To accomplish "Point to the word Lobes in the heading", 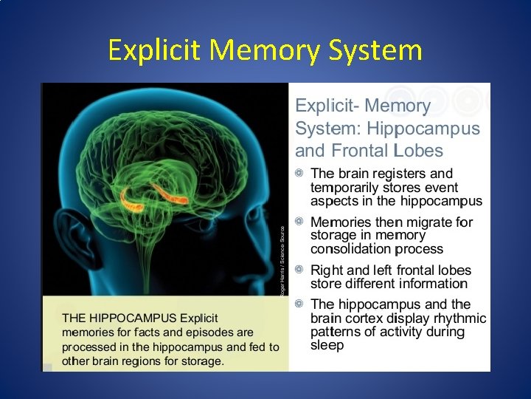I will coord(418,151).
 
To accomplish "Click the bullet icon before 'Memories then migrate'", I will coord(299,221).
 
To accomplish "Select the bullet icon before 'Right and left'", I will coord(299,270).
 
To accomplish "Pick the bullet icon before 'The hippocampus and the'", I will coord(299,304).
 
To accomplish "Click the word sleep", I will coord(327,345).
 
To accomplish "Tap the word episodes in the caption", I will coord(206,332).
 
